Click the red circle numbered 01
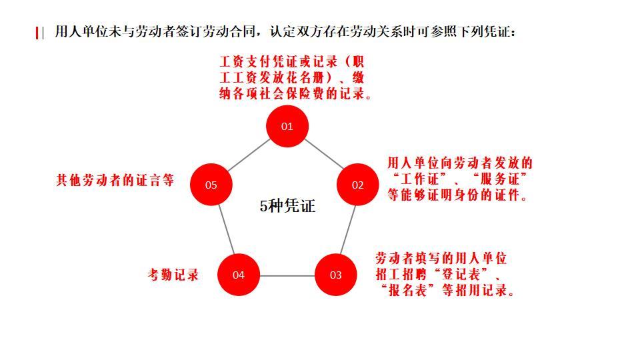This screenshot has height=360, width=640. click(x=287, y=126)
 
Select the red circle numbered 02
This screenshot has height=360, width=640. click(x=358, y=185)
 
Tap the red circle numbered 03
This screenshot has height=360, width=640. click(x=335, y=275)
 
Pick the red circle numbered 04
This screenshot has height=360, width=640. click(x=239, y=275)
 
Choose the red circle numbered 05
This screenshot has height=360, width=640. click(x=211, y=185)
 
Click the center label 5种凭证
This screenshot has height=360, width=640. click(x=287, y=206)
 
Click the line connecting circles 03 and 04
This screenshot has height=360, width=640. click(x=287, y=275)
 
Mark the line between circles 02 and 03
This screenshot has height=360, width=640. click(x=347, y=230)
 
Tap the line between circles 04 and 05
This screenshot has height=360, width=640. click(x=225, y=230)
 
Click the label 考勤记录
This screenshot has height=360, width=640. click(x=173, y=275)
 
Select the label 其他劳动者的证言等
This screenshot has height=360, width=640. click(x=115, y=180)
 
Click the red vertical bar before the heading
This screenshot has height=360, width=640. click(x=37, y=33)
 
